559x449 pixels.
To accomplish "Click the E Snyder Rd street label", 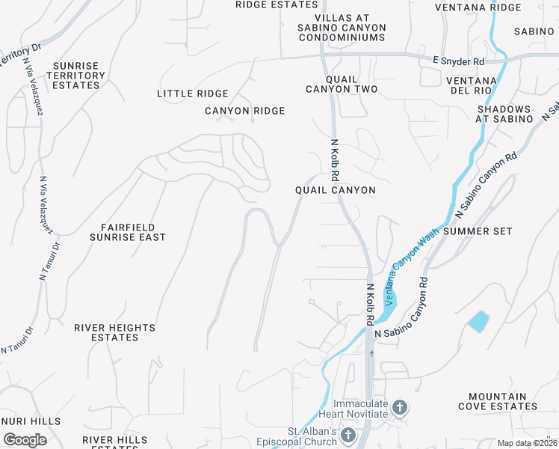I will tap(458, 61).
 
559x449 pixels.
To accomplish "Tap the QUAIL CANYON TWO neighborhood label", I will tap(342, 84).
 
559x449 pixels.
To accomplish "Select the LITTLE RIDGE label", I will tap(193, 94).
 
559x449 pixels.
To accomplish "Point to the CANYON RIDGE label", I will tap(245, 111).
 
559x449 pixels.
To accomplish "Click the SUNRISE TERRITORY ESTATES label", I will tap(75, 76).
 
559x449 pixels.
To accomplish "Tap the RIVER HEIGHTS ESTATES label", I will tap(114, 332).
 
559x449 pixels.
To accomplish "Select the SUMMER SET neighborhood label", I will tap(478, 231).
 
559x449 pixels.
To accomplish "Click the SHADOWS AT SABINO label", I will tap(504, 114).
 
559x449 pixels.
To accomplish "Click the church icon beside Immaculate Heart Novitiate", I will tap(400, 408).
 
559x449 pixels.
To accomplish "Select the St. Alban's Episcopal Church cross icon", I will tap(348, 435).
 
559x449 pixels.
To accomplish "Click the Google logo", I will tap(25, 440).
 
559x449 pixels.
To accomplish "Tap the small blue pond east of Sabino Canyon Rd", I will tap(478, 322).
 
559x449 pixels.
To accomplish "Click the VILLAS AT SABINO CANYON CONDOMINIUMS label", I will tap(350, 28).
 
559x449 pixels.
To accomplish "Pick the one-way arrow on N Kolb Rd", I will tap(370, 352).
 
